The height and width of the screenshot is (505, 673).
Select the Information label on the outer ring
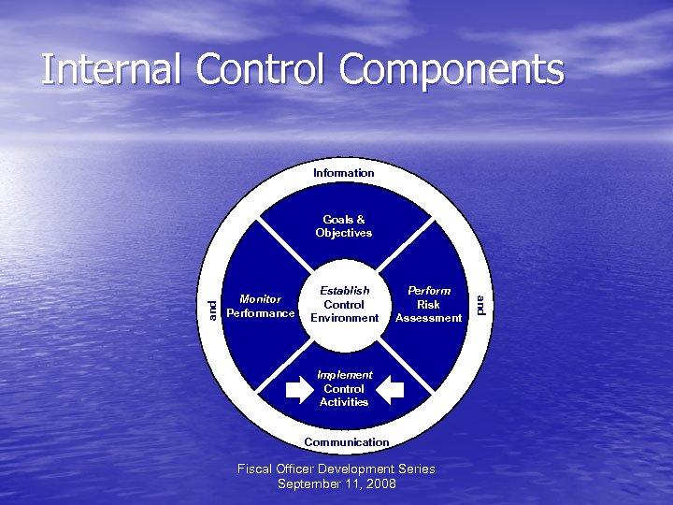(x=344, y=173)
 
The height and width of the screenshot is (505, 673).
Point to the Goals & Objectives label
(x=344, y=226)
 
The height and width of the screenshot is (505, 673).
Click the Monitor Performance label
(x=261, y=306)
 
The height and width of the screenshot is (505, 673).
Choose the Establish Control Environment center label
(x=344, y=304)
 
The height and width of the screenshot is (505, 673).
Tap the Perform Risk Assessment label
(x=429, y=304)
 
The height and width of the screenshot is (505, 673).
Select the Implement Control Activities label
(x=344, y=388)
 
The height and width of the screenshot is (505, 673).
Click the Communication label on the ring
(x=347, y=441)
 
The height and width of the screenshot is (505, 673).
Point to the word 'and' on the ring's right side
(x=479, y=305)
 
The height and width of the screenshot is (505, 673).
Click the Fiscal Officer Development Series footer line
(x=336, y=469)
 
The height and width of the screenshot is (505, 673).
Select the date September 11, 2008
(x=336, y=483)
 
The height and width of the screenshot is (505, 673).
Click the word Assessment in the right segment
(x=429, y=318)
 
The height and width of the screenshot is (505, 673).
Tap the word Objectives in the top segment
(x=344, y=233)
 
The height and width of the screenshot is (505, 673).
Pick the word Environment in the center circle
(x=344, y=318)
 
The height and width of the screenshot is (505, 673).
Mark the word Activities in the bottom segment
(x=344, y=402)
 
